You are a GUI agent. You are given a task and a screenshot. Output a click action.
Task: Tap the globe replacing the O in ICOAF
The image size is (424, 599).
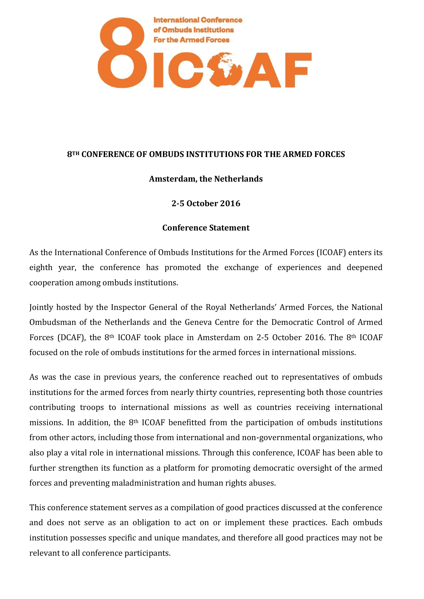click(225, 69)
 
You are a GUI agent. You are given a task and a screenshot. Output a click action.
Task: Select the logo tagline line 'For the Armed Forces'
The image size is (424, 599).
click(191, 40)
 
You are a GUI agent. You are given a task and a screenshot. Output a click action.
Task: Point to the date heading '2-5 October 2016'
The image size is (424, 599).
click(206, 203)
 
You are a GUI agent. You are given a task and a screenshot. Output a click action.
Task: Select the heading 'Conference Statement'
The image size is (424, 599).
click(206, 228)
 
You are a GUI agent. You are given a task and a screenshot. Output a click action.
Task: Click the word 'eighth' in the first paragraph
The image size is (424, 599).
click(41, 268)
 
